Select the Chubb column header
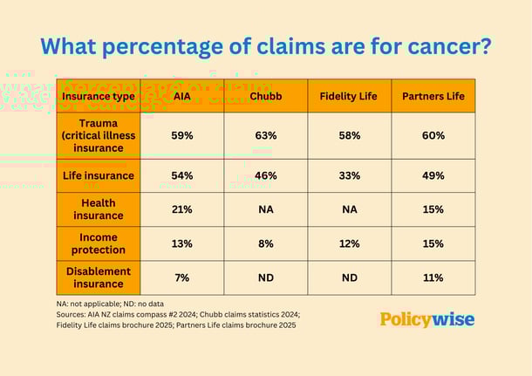[x=265, y=96]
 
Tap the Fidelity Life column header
[x=348, y=96]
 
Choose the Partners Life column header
[x=433, y=96]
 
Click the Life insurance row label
[x=98, y=175]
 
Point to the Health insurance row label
[x=98, y=209]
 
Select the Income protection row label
[x=98, y=243]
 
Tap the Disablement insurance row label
[x=98, y=277]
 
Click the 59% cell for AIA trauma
[x=181, y=135]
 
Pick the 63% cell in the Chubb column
[x=265, y=135]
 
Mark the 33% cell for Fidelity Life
[x=348, y=175]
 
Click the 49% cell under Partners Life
[x=433, y=175]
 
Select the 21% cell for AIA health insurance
[x=181, y=209]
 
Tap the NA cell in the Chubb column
[x=265, y=209]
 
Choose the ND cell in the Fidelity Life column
[x=348, y=277]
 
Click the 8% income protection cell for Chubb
[x=265, y=243]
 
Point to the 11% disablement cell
[x=433, y=277]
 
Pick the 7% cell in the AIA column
[x=181, y=277]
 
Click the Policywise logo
[x=426, y=319]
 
